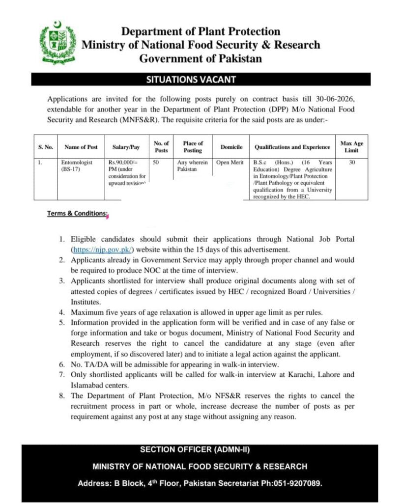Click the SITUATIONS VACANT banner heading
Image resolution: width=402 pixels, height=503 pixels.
(201, 79)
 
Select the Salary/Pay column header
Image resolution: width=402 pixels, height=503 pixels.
(126, 147)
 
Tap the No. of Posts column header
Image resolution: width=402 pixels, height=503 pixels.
(161, 146)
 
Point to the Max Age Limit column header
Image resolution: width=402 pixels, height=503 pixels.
(351, 146)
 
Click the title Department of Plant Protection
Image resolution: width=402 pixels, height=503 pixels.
(201, 32)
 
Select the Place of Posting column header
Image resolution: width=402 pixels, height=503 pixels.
(193, 146)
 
